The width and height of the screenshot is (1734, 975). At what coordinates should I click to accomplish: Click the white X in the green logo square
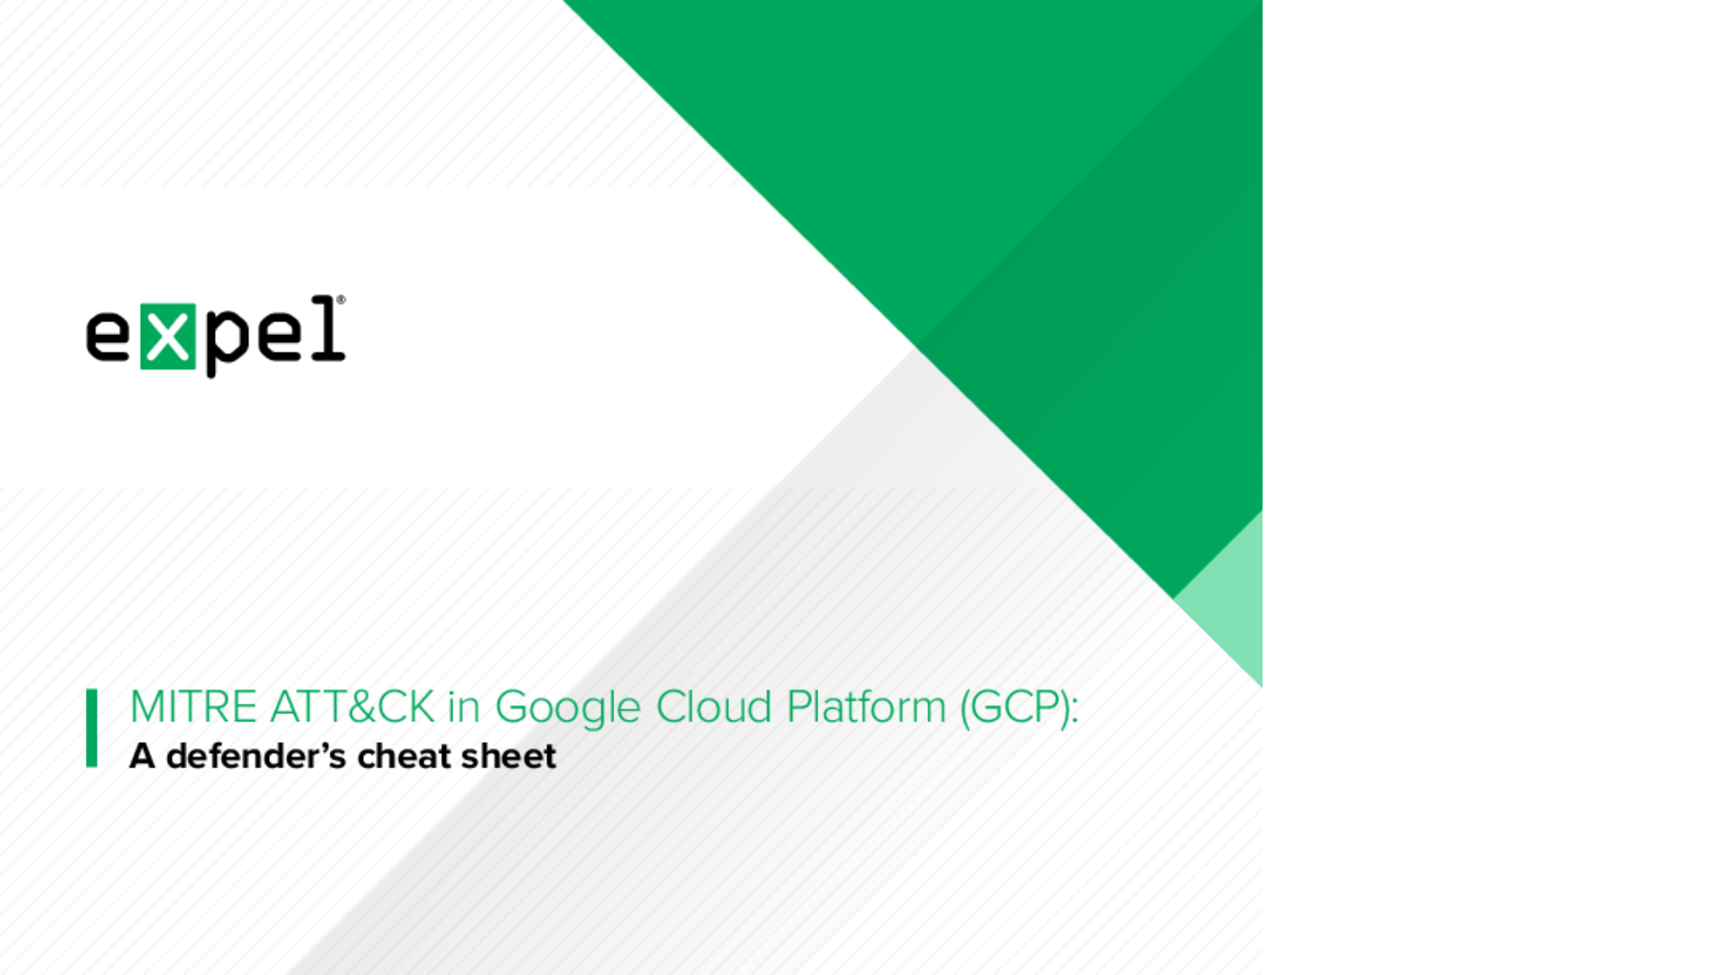point(168,337)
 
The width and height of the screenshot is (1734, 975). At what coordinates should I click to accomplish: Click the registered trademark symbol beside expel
point(340,301)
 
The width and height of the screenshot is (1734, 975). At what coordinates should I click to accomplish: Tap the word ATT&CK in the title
point(352,707)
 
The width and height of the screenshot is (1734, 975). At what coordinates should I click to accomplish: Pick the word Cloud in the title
point(713,707)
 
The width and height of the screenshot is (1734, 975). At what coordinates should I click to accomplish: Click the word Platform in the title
point(866,707)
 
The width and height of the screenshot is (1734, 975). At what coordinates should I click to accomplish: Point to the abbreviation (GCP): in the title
point(1020,707)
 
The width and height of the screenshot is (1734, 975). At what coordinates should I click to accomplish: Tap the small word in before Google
point(463,707)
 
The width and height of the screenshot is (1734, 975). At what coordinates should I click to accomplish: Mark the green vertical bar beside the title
point(91,728)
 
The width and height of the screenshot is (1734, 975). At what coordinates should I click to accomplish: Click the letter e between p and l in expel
point(281,337)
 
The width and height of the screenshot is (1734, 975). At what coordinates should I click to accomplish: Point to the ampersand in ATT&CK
point(361,707)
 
